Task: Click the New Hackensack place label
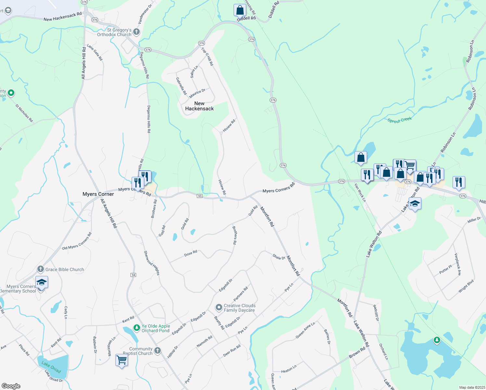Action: (x=199, y=106)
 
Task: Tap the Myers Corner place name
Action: (x=98, y=194)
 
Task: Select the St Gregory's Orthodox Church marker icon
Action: (x=136, y=32)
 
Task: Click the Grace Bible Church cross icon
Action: (x=41, y=269)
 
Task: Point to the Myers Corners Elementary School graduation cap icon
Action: (x=42, y=282)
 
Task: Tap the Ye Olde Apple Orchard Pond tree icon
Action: (x=137, y=328)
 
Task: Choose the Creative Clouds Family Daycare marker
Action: (x=219, y=307)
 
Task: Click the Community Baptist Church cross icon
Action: (x=158, y=350)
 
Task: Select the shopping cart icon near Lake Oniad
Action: (x=122, y=360)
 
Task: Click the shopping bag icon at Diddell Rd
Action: (x=240, y=10)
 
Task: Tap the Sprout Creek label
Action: (x=400, y=120)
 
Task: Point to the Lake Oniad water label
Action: (x=51, y=367)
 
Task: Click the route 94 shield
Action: (x=133, y=275)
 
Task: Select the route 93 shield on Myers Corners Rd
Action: (x=199, y=196)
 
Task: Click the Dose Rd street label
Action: (x=191, y=253)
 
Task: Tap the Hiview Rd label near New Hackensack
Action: (x=229, y=126)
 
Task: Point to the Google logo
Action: (x=11, y=386)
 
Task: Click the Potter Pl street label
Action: (x=445, y=270)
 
